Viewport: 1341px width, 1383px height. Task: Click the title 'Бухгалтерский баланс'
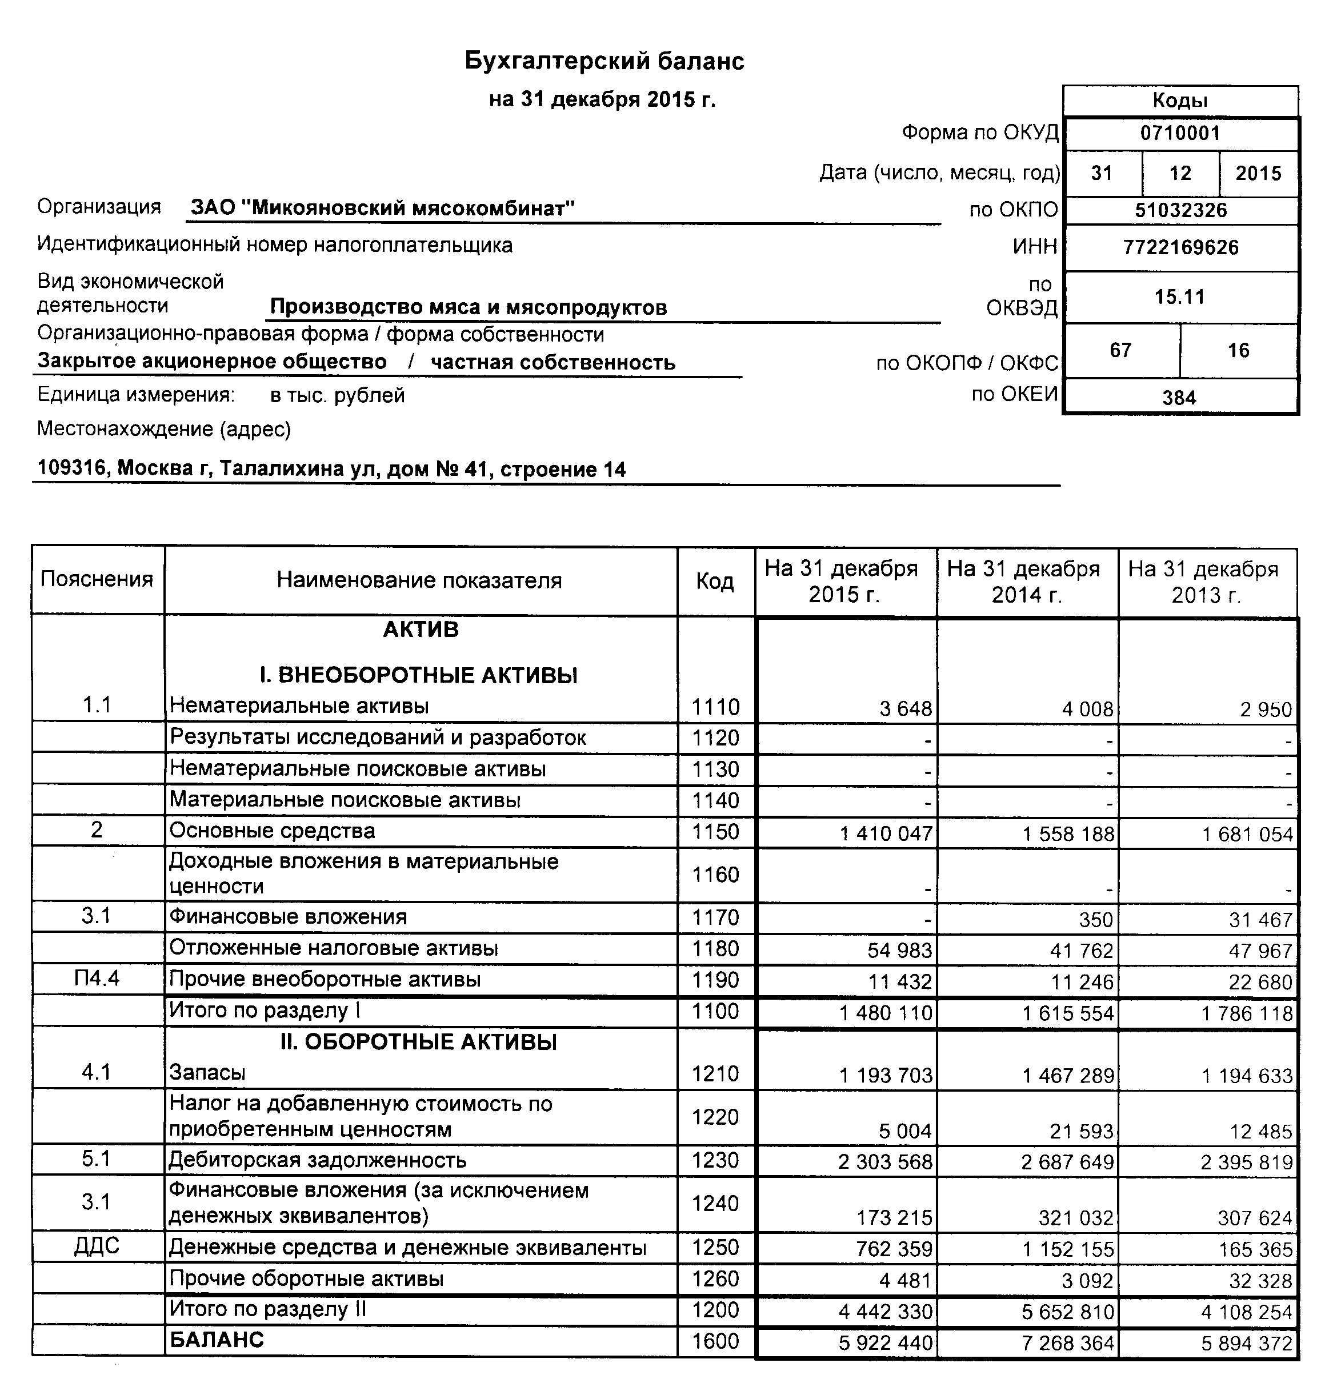pos(604,61)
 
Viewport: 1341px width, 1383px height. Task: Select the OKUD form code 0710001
pos(1180,133)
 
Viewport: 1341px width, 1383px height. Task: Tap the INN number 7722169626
pos(1180,248)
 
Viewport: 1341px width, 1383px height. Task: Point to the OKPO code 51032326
pos(1180,210)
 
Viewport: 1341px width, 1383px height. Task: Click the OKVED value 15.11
pos(1180,297)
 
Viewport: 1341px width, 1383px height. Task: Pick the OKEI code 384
pos(1179,398)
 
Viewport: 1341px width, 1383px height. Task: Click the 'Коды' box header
pos(1180,100)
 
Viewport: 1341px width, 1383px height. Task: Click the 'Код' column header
pos(715,581)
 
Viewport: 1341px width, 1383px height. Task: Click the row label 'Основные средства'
pos(273,831)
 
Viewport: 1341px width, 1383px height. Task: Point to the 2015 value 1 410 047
pos(886,835)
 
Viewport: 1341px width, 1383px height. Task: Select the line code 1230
pos(715,1160)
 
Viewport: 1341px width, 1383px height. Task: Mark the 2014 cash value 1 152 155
pos(1068,1250)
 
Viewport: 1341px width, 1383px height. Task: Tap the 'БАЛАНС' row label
pos(217,1340)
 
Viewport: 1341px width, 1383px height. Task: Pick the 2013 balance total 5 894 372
pos(1247,1344)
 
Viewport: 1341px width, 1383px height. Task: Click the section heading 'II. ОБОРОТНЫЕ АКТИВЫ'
pos(419,1042)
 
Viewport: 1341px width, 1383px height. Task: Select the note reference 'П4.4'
pos(97,979)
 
